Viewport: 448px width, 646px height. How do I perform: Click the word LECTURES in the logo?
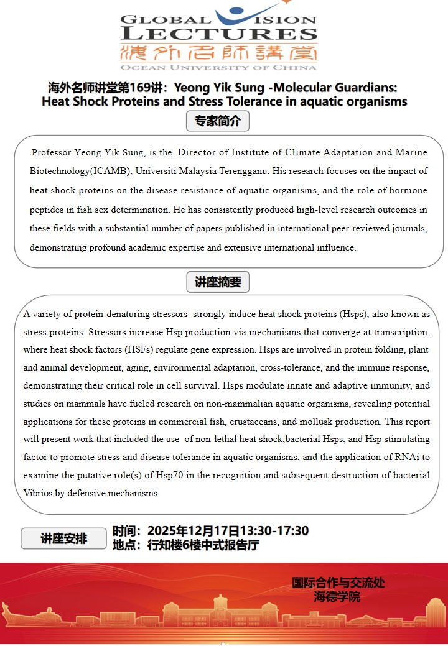coord(218,34)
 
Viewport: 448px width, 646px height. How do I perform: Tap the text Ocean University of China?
coord(218,67)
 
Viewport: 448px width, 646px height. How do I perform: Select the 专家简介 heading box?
coord(218,121)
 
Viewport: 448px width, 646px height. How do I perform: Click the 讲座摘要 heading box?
coord(218,282)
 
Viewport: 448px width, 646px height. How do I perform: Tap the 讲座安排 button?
coord(63,538)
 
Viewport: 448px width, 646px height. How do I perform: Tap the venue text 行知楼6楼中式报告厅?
coord(203,546)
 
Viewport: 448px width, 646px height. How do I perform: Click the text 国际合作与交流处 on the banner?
coord(338,583)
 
